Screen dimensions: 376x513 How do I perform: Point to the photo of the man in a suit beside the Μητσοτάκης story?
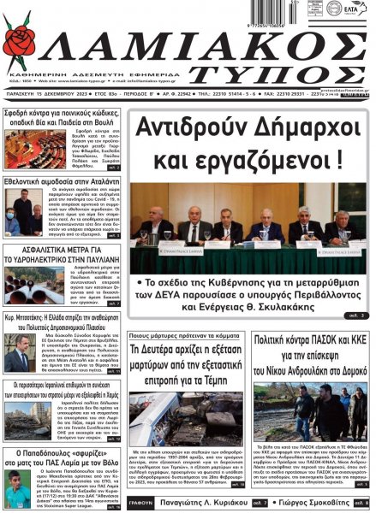(15, 360)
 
